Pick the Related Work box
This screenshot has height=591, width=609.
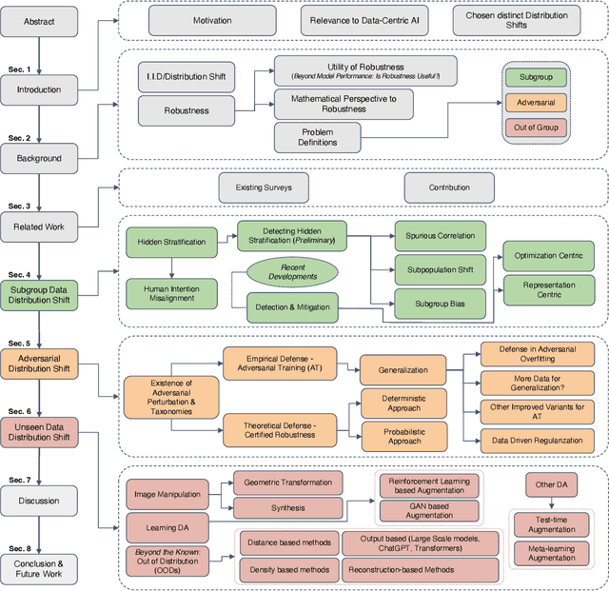point(39,227)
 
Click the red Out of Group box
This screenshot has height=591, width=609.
point(536,127)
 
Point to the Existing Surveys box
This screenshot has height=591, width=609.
point(264,187)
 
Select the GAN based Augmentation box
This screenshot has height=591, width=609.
point(429,510)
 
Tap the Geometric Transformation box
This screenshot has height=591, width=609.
point(287,483)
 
